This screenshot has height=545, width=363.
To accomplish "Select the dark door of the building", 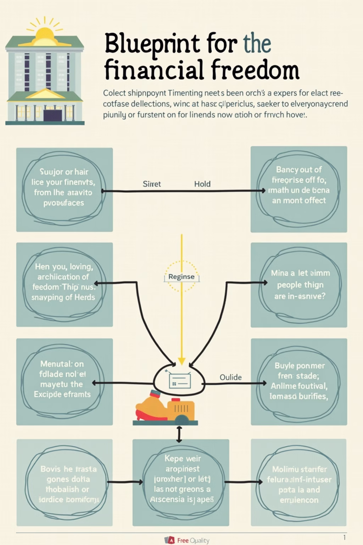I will [53, 115].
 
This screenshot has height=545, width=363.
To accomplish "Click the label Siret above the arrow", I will [152, 184].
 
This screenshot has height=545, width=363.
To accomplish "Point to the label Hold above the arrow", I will [202, 184].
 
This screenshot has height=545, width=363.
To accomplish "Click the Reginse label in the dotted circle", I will [181, 277].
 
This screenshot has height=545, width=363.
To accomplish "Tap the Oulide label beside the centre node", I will [231, 377].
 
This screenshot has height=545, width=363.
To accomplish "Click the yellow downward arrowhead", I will [181, 362].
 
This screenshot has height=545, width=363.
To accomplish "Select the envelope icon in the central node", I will [180, 381].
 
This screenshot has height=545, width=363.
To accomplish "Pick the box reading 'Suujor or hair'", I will [64, 189].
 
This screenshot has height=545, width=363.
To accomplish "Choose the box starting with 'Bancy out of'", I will [299, 189].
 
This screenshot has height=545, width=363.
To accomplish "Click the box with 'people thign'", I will [299, 285].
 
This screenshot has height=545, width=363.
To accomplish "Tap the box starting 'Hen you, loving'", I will [64, 285].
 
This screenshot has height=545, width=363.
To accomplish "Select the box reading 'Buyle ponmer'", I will [299, 381].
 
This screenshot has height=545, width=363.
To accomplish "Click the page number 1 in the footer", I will [345, 538].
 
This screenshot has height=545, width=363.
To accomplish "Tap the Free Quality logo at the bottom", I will [187, 540].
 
